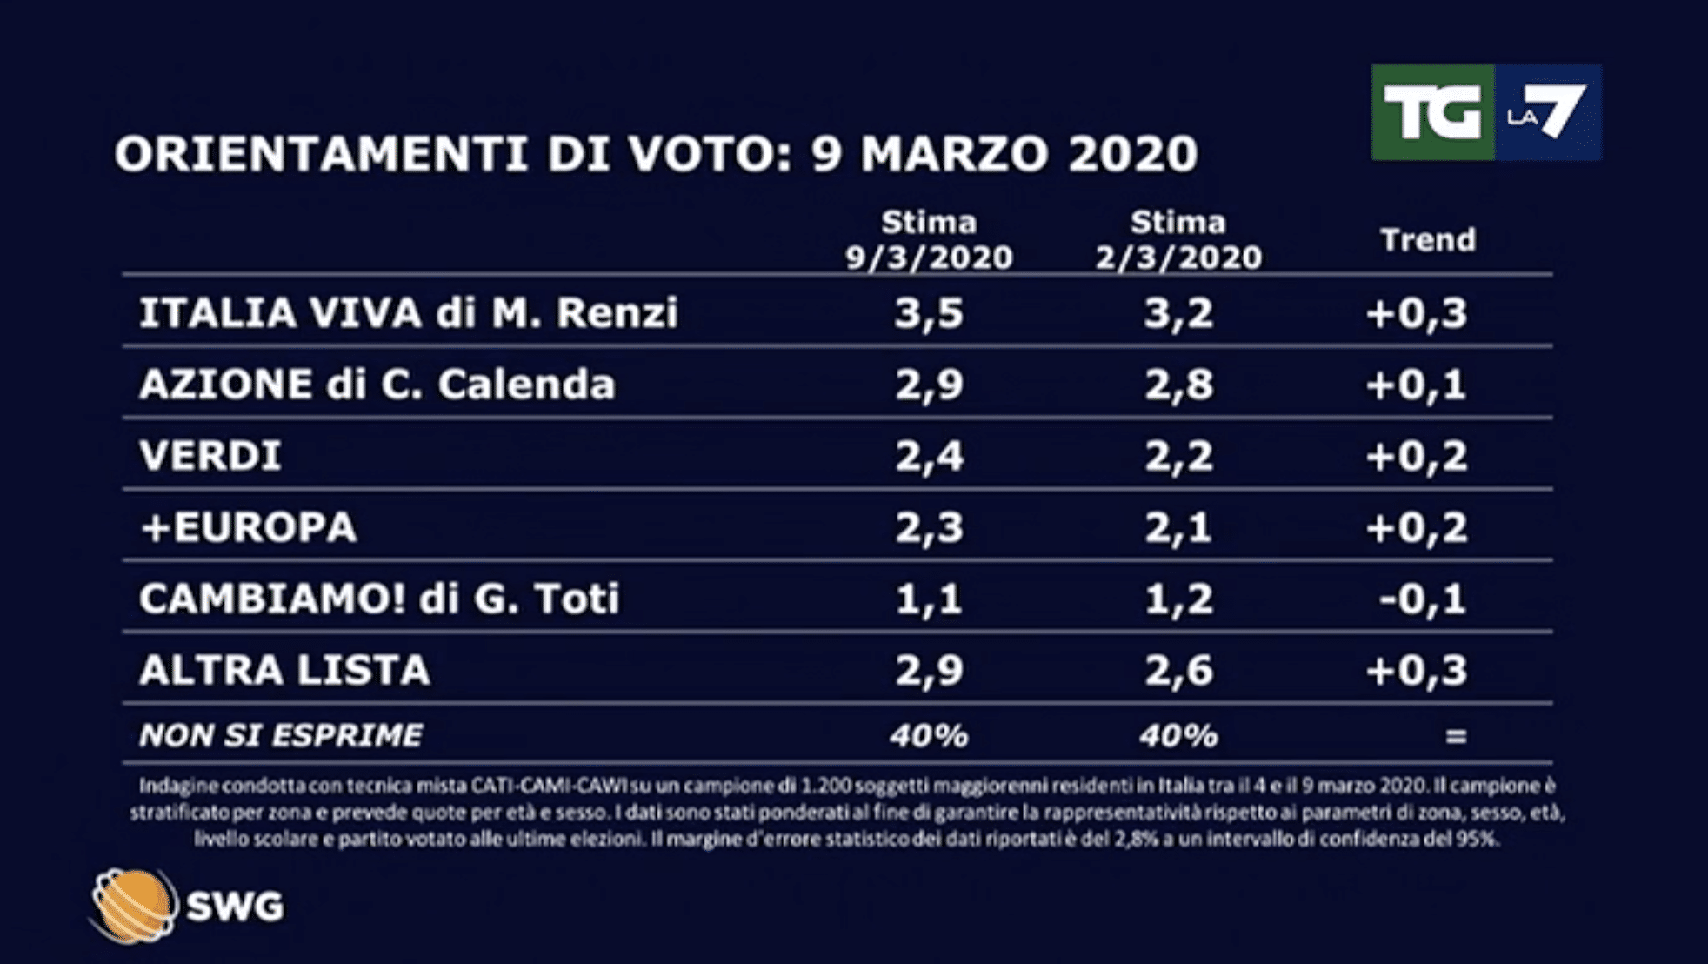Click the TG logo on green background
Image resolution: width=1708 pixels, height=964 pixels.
1432,112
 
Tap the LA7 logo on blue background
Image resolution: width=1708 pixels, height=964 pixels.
1548,112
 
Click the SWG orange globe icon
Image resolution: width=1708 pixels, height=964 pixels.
132,906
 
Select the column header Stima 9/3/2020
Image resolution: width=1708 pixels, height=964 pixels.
929,240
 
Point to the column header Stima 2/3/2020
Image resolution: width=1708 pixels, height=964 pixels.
1178,240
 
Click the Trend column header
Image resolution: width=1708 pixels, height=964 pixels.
1428,240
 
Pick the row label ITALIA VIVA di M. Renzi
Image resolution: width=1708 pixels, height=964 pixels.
408,312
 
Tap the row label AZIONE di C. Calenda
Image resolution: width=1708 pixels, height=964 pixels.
377,385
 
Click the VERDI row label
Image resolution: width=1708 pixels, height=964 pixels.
210,456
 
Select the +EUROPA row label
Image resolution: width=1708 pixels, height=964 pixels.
249,527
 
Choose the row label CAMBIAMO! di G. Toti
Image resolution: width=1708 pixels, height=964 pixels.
379,599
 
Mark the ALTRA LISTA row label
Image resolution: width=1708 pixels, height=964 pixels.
284,670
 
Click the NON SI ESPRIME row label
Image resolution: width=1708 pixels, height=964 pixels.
281,736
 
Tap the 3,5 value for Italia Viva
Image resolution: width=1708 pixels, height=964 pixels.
929,312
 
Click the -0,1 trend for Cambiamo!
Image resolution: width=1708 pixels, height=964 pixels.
1423,599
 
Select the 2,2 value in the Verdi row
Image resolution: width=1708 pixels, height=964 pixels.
1178,456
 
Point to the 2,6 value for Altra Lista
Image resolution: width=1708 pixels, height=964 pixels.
1178,670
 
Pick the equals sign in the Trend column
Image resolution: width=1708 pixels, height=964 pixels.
1456,736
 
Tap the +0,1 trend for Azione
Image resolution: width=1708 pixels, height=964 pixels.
1417,385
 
